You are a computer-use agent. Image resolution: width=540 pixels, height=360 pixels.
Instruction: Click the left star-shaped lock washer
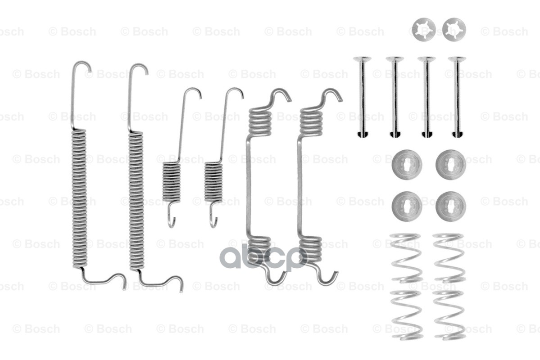[423, 29]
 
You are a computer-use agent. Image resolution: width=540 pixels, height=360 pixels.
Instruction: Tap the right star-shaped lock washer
[454, 29]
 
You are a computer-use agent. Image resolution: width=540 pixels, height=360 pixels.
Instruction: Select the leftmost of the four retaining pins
[362, 97]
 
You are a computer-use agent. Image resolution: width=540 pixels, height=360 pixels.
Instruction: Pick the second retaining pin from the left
[395, 97]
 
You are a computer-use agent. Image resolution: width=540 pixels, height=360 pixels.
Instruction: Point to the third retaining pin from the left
[427, 97]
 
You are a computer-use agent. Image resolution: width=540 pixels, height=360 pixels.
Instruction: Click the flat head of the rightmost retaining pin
[457, 59]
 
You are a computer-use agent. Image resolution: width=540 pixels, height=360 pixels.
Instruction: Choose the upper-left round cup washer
[407, 165]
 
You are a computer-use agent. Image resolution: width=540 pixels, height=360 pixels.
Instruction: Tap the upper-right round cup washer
[451, 165]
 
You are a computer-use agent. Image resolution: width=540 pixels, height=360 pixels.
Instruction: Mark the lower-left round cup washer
[407, 206]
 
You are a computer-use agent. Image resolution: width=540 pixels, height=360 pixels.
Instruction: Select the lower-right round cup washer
[451, 206]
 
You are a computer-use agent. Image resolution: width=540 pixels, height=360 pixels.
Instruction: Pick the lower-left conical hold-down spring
[406, 314]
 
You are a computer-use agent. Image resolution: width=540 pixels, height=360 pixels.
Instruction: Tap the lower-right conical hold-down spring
[449, 314]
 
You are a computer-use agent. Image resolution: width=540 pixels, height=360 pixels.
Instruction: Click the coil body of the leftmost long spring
[79, 198]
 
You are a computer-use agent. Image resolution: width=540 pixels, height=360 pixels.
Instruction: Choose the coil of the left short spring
[172, 181]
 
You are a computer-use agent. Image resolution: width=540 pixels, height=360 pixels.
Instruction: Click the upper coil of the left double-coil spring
[260, 121]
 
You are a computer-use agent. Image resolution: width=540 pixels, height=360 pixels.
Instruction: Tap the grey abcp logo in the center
[263, 257]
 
